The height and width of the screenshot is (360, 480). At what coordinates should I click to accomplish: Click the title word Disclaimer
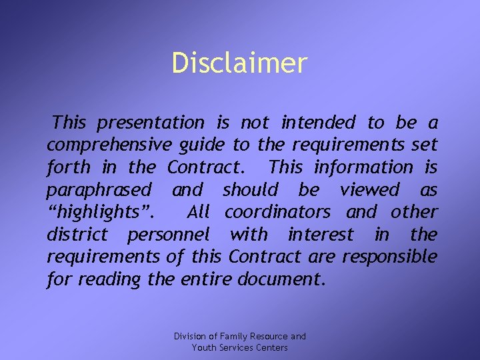tap(239, 63)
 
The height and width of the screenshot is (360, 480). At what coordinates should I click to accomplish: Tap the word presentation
tap(151, 123)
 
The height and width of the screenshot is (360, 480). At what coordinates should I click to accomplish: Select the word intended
tap(319, 123)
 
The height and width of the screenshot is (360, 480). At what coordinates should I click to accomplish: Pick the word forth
tap(68, 167)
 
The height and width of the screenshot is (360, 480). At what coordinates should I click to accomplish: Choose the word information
tap(363, 167)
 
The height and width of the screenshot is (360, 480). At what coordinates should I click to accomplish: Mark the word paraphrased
tap(99, 190)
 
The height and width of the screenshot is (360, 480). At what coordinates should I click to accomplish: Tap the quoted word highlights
tap(101, 213)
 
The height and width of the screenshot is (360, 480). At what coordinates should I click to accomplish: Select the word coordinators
tap(277, 212)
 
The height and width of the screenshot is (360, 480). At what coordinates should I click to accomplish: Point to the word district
tap(77, 235)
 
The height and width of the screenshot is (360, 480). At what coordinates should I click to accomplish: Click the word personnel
tap(168, 235)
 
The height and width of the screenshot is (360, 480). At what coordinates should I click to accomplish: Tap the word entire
tap(205, 279)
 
